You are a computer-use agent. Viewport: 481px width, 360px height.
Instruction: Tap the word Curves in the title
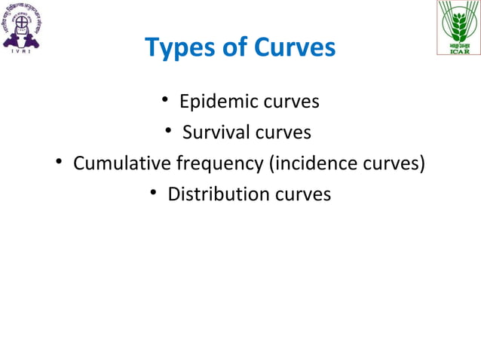293,48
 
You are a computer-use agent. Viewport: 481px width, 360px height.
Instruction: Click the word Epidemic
216,101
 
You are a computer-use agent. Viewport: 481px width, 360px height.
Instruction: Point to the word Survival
216,133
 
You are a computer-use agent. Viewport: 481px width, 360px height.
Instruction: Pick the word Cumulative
123,163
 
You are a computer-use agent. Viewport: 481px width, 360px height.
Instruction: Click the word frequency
216,163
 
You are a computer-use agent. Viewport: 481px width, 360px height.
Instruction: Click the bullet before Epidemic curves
164,101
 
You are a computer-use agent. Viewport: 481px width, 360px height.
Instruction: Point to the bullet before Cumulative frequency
58,163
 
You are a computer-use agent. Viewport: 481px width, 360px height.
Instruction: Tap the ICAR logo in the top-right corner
457,27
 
